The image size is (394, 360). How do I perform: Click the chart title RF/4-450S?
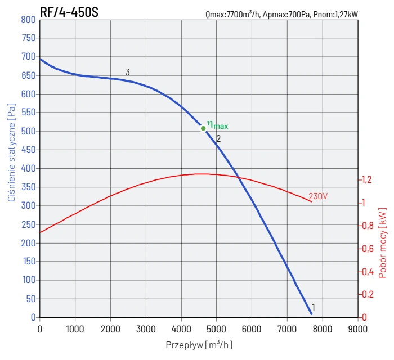(x=69, y=11)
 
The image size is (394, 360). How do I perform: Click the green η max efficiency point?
(x=203, y=128)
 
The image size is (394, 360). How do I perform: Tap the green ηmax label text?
(x=217, y=125)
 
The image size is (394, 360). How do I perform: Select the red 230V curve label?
(x=318, y=196)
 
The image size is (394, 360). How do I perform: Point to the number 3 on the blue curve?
(x=128, y=72)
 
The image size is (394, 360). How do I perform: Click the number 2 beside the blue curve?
(x=218, y=138)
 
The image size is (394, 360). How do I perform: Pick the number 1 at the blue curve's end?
(x=313, y=307)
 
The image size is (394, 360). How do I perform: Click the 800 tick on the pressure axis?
(x=28, y=20)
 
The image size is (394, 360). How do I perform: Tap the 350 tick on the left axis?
(x=28, y=187)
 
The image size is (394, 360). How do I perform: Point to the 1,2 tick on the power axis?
(x=366, y=180)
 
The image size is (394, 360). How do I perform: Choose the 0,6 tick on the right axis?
(x=366, y=249)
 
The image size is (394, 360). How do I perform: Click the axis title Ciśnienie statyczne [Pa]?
(x=11, y=152)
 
